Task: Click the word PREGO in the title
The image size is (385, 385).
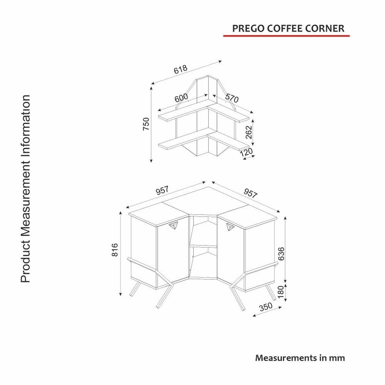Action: click(249, 29)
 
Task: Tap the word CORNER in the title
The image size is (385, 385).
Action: click(325, 29)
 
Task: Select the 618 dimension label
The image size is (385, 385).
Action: click(181, 69)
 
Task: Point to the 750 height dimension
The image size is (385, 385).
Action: click(146, 124)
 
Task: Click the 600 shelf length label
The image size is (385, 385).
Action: click(181, 98)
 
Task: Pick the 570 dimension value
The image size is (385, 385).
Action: click(232, 98)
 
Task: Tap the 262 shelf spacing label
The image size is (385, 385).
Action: click(249, 132)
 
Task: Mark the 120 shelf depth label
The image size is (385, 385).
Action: click(246, 152)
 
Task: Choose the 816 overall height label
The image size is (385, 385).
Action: click(115, 250)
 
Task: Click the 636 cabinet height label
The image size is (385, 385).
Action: click(281, 254)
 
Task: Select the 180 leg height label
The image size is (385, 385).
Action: click(280, 292)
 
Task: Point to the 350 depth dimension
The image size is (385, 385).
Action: click(266, 307)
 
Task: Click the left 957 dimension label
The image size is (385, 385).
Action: click(162, 190)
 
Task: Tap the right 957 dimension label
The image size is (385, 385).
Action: click(250, 193)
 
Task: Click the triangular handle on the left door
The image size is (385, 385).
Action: click(173, 225)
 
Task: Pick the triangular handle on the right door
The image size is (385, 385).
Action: click(230, 227)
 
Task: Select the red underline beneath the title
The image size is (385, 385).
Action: click(286, 36)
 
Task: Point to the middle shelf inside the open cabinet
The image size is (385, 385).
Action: click(203, 246)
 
